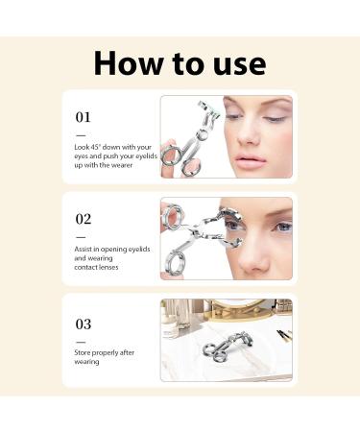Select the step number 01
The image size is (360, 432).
coord(84,116)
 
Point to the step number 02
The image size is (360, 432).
coord(84,219)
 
